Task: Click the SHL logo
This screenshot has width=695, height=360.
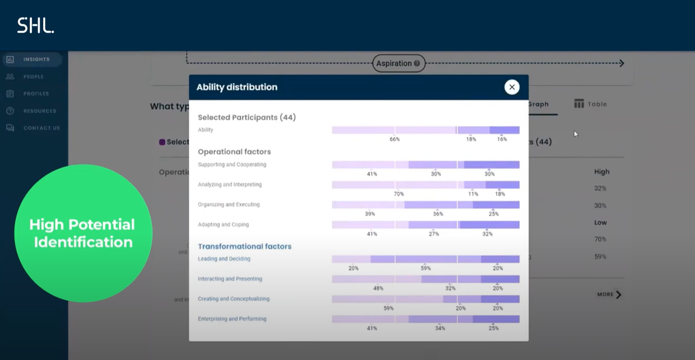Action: [x=35, y=25]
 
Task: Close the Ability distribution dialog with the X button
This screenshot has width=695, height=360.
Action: [x=512, y=87]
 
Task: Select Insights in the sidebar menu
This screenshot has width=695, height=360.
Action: [x=36, y=59]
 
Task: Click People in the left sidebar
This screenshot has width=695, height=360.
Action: [x=33, y=76]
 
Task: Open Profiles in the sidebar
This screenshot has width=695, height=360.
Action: [x=36, y=94]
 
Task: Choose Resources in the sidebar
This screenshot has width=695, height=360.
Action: [x=39, y=111]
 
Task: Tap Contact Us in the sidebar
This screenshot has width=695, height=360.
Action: [x=41, y=128]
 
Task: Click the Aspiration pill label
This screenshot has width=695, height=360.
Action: [x=398, y=63]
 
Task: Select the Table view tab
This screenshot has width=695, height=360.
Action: [x=590, y=104]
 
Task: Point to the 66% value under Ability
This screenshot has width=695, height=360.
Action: [x=394, y=140]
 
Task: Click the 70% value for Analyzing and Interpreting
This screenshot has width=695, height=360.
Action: [x=398, y=194]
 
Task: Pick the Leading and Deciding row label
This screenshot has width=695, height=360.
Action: [x=224, y=259]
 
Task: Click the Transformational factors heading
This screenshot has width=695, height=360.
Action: [x=244, y=246]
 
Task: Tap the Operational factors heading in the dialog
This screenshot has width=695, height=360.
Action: [x=234, y=152]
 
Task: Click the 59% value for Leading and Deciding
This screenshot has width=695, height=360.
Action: [x=426, y=269]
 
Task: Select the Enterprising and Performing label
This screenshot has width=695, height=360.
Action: [x=232, y=319]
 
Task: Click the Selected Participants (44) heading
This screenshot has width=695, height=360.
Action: [x=247, y=117]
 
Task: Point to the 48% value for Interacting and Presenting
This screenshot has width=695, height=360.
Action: [x=378, y=289]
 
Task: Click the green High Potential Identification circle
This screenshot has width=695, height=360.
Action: [x=83, y=233]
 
